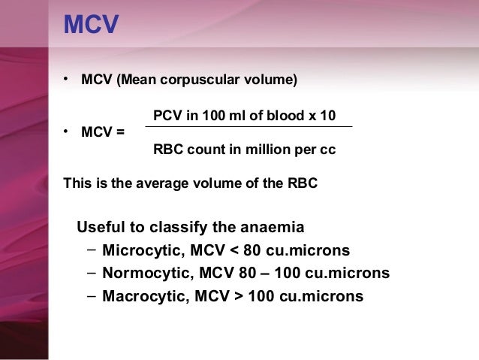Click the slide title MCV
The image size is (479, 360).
click(91, 25)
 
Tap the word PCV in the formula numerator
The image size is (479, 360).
click(167, 115)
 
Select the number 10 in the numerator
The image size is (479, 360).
click(328, 115)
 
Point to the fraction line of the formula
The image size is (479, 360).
click(248, 127)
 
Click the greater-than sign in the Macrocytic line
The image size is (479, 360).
click(238, 296)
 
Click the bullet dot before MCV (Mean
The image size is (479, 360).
click(67, 78)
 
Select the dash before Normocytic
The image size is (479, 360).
click(91, 273)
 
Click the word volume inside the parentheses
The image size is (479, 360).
click(269, 80)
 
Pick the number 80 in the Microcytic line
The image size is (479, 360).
click(253, 250)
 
